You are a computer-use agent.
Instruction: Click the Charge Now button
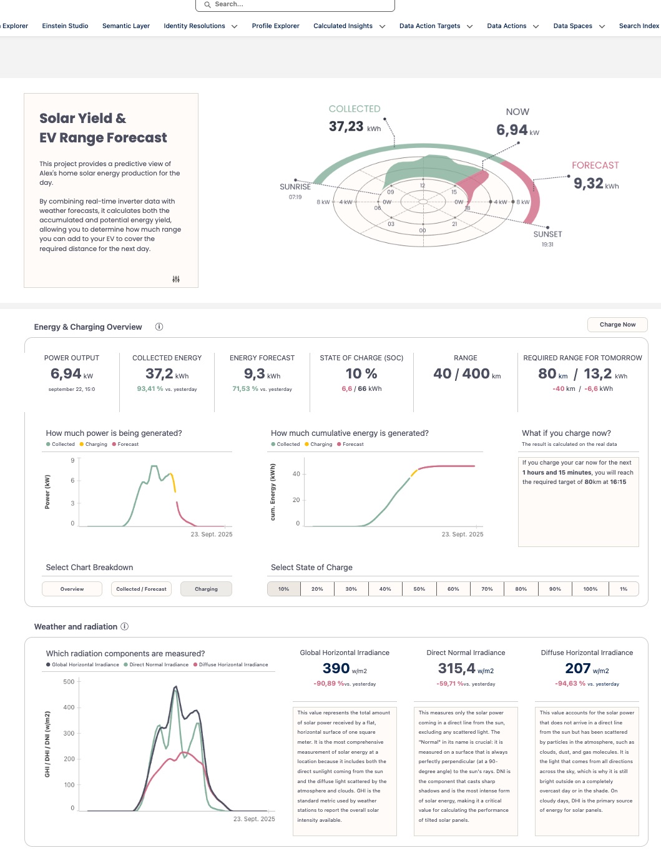(617, 325)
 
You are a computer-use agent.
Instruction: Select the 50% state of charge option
(419, 589)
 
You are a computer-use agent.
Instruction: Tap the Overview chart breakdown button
(72, 589)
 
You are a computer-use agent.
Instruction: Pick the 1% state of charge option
(623, 589)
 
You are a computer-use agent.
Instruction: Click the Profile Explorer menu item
(275, 26)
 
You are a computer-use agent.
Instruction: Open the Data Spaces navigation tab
(572, 26)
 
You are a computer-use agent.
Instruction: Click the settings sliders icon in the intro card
(176, 279)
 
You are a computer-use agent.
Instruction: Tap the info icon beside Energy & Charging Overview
(159, 327)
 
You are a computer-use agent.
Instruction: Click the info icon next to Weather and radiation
(125, 626)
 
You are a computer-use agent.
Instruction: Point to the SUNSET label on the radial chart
(547, 234)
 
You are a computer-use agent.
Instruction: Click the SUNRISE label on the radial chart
(295, 187)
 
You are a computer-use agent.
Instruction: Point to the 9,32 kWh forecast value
(589, 184)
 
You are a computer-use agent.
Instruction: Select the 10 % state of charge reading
(361, 374)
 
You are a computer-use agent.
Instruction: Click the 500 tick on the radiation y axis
(69, 682)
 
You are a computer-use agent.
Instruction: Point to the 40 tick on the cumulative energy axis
(296, 474)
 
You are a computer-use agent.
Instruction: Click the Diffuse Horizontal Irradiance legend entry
(233, 665)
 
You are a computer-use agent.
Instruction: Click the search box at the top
(295, 4)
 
